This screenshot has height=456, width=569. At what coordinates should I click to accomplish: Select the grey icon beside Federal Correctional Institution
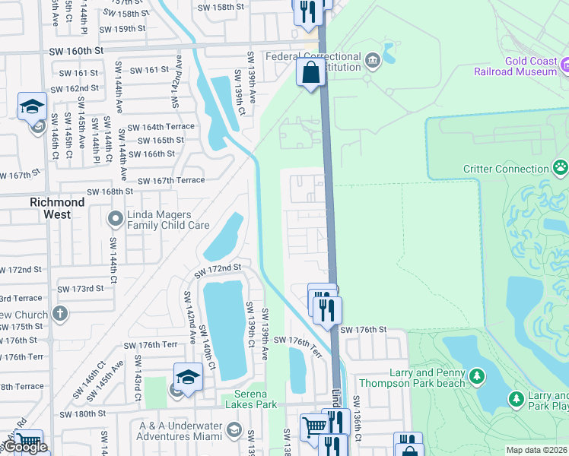[372, 59]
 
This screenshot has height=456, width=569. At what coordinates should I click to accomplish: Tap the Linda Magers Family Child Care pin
[115, 220]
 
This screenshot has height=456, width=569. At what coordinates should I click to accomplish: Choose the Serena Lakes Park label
[250, 399]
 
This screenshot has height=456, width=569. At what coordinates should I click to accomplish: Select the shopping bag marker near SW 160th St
[310, 74]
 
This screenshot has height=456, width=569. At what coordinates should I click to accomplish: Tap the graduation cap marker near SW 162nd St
[33, 107]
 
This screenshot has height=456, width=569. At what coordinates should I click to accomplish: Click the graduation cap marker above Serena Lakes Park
[188, 376]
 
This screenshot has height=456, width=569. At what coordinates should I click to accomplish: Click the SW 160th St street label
[75, 52]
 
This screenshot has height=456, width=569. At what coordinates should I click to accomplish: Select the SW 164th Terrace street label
[161, 127]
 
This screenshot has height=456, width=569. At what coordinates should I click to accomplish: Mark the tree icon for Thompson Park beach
[476, 375]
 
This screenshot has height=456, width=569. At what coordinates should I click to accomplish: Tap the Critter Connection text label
[505, 169]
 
